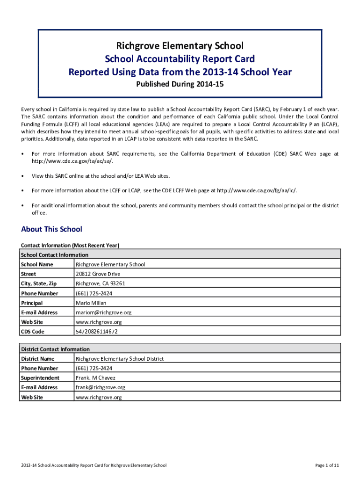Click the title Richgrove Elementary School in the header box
coord(180,46)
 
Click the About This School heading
coord(51,229)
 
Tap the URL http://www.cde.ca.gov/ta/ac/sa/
coord(72,161)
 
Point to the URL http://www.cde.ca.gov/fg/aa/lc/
coord(257,190)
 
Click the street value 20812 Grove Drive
coord(98,274)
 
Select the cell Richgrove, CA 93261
coord(100,283)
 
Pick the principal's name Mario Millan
coord(91,303)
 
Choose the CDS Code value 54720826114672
coord(96,332)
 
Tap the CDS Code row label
coord(32,332)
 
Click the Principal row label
coord(31,303)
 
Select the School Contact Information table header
coord(54,255)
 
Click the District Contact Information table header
coord(55,349)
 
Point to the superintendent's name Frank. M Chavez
coord(95,378)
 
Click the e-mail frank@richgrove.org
coord(100,387)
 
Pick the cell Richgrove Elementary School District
coord(120,359)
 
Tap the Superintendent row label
coord(40,378)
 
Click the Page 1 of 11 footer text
coord(327,465)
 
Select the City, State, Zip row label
coord(39,283)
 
